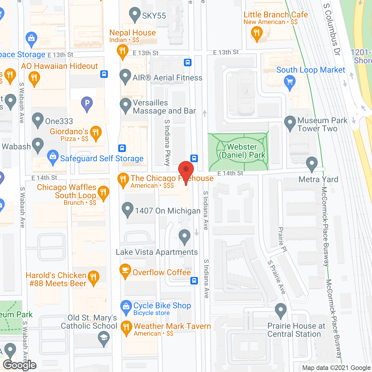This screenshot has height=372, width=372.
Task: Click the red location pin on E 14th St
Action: (186, 170)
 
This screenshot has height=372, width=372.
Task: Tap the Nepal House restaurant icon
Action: (123, 51)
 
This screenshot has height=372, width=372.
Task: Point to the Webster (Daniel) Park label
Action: (242, 151)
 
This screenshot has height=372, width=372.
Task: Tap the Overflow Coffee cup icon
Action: (125, 271)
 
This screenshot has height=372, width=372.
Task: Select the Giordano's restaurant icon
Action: (96, 133)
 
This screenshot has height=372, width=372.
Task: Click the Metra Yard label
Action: (318, 179)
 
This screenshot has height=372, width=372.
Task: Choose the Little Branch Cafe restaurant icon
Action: (256, 33)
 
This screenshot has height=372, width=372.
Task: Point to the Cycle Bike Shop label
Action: (162, 306)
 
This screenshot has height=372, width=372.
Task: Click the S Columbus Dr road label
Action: (332, 29)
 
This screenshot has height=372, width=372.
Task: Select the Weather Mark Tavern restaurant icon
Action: (126, 328)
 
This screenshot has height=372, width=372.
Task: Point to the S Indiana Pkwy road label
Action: (167, 142)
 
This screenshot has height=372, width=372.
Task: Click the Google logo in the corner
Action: (19, 365)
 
